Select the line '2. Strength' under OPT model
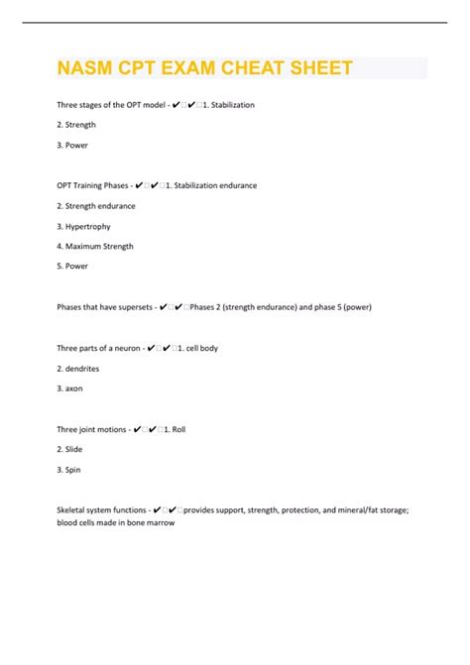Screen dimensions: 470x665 point(79,124)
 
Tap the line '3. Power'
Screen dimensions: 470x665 point(73,145)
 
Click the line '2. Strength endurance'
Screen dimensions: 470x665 point(96,205)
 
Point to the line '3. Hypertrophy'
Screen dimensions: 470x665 point(83,226)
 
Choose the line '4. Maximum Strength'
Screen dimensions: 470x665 point(95,246)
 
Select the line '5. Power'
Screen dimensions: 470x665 point(73,266)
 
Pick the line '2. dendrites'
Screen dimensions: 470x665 point(78,368)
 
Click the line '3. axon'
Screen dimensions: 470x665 point(70,388)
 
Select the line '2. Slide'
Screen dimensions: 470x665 point(70,449)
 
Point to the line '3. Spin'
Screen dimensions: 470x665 point(69,469)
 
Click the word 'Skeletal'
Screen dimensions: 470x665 point(73,509)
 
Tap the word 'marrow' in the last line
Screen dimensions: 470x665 point(159,522)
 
